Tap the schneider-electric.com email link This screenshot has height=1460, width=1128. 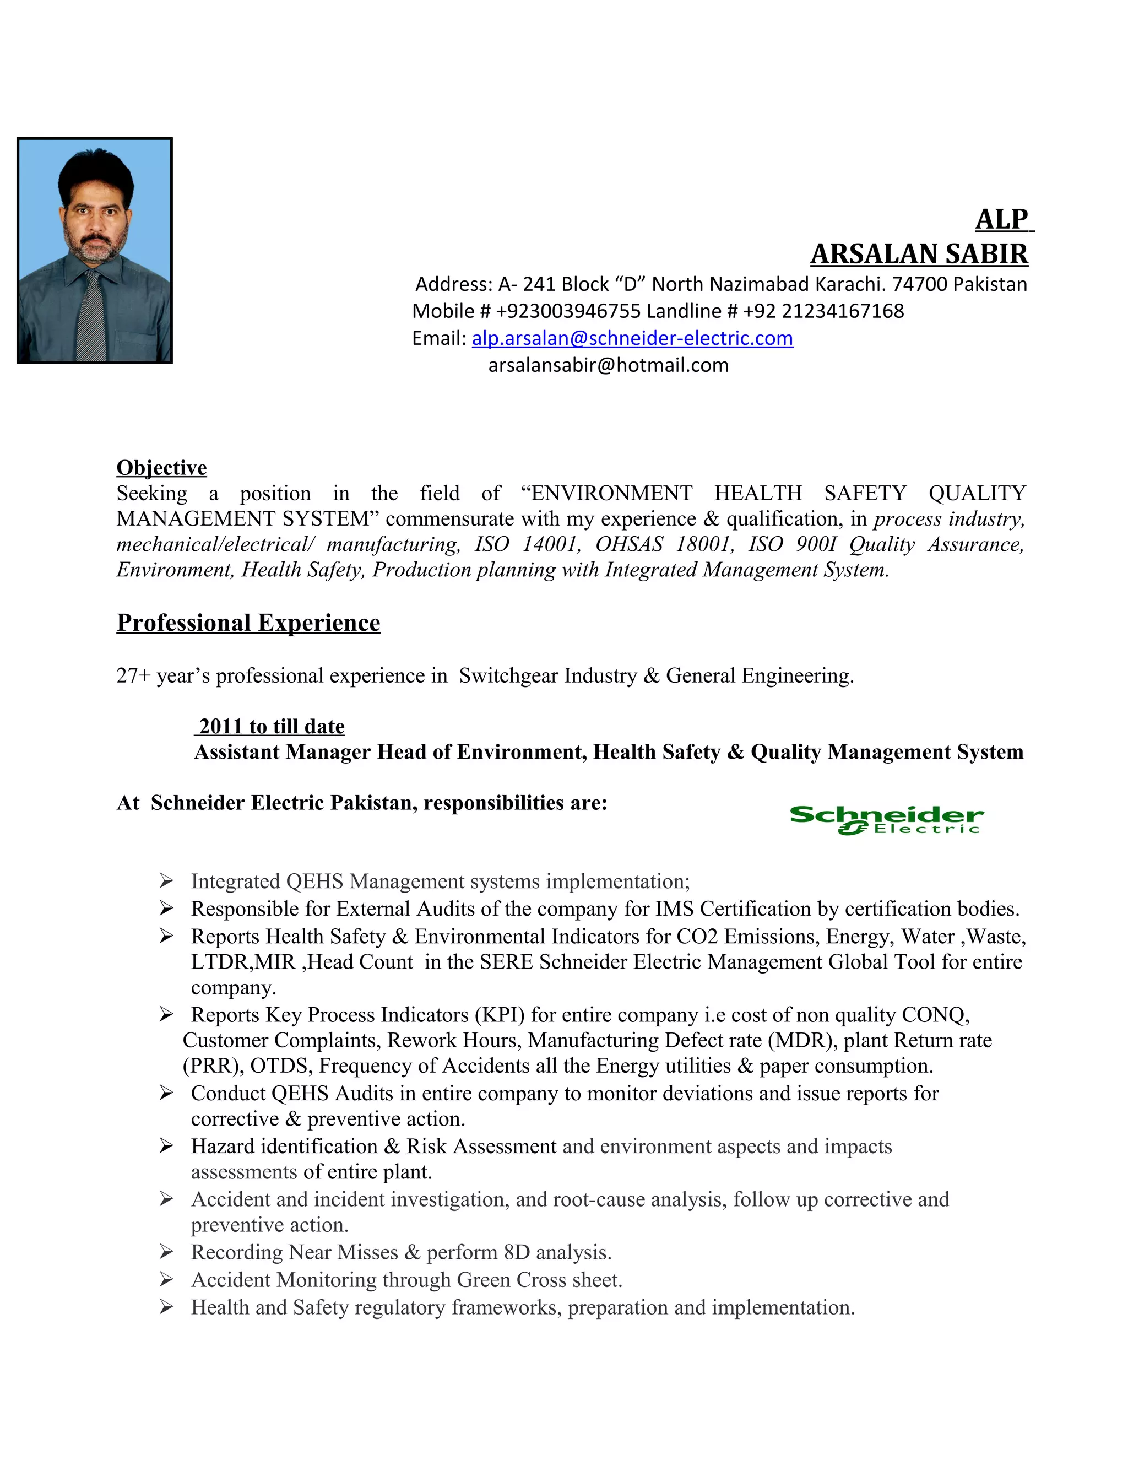(632, 338)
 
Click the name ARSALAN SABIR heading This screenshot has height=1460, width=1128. (919, 255)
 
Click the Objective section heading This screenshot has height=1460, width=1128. (162, 467)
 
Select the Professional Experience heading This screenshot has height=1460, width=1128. (248, 623)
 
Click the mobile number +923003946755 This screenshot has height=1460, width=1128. (568, 311)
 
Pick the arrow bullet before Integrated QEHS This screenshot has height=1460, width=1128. (166, 880)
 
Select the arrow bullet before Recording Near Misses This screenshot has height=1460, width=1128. (166, 1251)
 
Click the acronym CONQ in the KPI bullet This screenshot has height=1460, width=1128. (934, 1015)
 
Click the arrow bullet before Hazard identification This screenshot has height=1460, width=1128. (166, 1146)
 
